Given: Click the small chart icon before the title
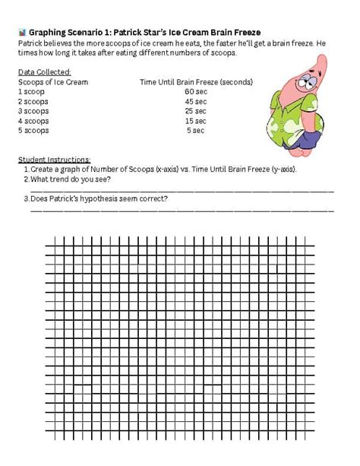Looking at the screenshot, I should [x=21, y=33].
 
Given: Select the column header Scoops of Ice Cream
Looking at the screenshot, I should [x=52, y=81].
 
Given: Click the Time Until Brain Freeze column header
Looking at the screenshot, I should [x=197, y=81].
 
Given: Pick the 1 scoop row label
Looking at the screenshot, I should [x=31, y=91].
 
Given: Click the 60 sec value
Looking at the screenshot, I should [x=195, y=91].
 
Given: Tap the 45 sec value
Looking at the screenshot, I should [x=195, y=101].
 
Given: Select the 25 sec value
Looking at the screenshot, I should [x=195, y=111].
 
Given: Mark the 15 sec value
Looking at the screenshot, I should [x=195, y=121].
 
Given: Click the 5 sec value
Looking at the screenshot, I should [x=195, y=130].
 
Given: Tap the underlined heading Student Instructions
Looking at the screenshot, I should [x=54, y=159].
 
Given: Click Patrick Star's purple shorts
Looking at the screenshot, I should [x=306, y=139].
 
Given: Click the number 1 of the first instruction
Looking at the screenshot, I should [x=26, y=170].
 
